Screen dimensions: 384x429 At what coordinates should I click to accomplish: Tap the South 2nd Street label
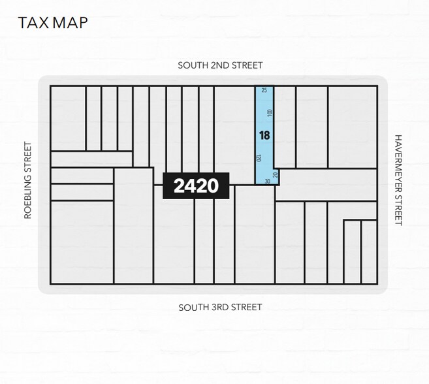tap(221, 65)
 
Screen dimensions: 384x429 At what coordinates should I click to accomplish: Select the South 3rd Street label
tap(220, 307)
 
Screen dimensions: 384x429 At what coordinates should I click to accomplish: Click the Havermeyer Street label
tap(398, 180)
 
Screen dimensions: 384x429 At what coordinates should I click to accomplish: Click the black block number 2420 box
tap(196, 186)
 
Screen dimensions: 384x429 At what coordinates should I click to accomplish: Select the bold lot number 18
tap(264, 136)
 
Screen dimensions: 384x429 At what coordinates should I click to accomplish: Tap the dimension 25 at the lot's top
tap(264, 91)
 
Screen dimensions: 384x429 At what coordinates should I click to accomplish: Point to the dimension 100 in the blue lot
tap(269, 113)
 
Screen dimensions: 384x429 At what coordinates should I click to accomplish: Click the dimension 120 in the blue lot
tap(259, 159)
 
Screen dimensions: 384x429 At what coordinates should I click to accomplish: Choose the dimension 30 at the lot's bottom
tap(268, 181)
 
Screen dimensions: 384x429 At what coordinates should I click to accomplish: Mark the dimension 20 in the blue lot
tap(276, 174)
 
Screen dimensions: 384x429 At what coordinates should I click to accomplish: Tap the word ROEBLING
tap(29, 194)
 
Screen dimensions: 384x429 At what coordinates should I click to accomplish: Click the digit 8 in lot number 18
tap(267, 136)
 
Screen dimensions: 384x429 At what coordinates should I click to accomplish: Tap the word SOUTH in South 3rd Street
tap(193, 307)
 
